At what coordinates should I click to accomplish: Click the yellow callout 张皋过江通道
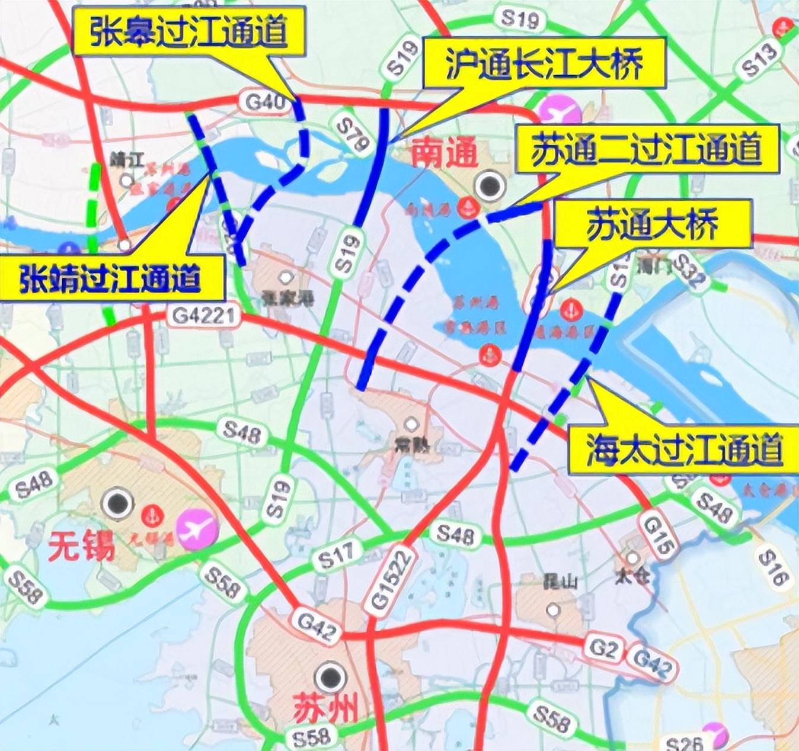(188, 33)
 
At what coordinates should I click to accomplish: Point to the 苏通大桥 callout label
(651, 223)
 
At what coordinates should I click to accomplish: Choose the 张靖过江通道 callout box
(110, 277)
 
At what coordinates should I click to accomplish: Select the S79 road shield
(353, 134)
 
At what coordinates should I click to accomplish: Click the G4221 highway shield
(204, 316)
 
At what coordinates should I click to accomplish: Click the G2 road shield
(603, 649)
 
